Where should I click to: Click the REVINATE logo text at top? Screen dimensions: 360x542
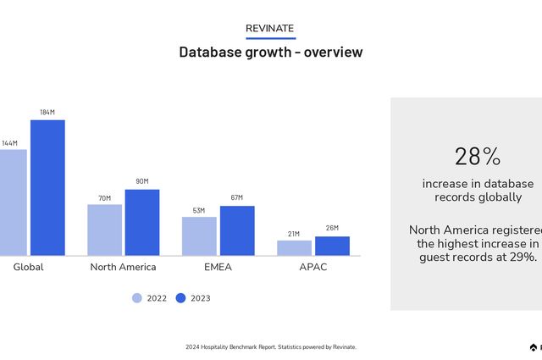pos(270,29)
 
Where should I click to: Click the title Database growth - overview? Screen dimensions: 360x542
pos(270,53)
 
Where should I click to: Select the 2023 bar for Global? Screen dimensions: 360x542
pos(47,187)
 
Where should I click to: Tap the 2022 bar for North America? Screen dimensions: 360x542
pos(104,230)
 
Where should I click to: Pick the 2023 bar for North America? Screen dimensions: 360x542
pos(142,222)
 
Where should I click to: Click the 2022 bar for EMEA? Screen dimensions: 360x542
pos(199,236)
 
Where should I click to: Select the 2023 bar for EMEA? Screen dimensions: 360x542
pos(237,230)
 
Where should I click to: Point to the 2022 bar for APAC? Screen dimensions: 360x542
pos(294,247)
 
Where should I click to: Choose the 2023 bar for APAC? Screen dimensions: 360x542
pos(332,246)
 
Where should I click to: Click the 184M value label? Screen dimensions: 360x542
pos(47,113)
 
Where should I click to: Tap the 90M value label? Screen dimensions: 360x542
pos(142,181)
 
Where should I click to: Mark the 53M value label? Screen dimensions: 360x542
pos(199,210)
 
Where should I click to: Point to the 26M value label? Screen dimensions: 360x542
pos(332,229)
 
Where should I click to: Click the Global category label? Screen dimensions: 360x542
pos(28,267)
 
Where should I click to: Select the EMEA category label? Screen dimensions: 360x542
pos(218,267)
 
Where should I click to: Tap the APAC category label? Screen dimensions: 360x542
pos(312,267)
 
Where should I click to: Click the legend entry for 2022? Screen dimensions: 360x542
pos(150,298)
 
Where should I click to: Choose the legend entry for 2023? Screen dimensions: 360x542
pos(193,298)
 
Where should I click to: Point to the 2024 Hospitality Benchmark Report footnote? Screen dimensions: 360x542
pos(271,347)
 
